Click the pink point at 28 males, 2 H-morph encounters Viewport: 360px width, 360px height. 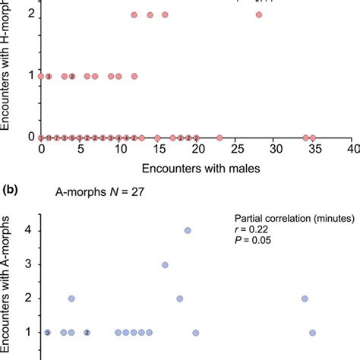coord(259,14)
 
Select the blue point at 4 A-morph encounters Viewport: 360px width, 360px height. coord(188,231)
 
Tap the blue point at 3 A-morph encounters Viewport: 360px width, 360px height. coord(165,265)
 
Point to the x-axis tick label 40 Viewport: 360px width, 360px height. coord(351,152)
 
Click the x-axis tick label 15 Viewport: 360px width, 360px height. coord(157,152)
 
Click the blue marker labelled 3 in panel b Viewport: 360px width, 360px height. coord(48,333)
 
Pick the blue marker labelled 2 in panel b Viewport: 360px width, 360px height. coord(87,333)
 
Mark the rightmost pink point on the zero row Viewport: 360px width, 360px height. coord(312,137)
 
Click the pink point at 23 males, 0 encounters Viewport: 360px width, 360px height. coord(219,137)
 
